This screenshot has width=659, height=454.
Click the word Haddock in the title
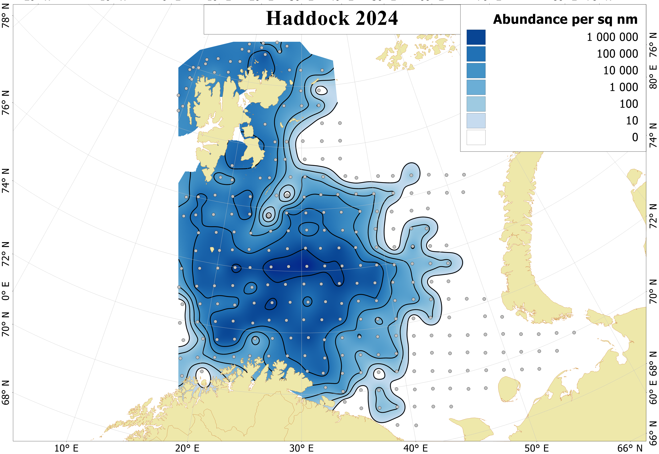307,18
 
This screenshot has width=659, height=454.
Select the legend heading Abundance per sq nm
565,20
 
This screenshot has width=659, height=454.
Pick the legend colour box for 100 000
476,54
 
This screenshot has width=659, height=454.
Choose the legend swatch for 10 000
476,70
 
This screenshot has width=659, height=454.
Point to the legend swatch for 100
476,104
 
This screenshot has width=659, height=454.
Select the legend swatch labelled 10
476,121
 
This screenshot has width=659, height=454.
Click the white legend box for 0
476,137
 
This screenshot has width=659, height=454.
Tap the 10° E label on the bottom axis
66,448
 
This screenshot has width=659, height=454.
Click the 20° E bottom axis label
187,448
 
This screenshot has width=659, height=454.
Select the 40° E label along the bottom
416,448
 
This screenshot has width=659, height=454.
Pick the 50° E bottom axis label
536,448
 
